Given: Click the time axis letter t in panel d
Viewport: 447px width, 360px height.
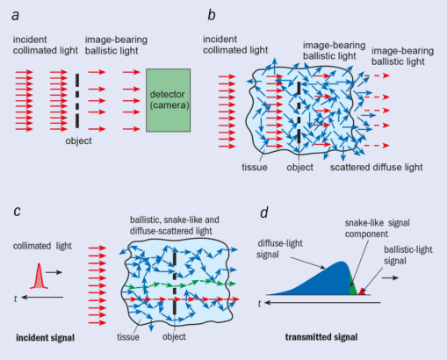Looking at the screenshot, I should tap(258, 303).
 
